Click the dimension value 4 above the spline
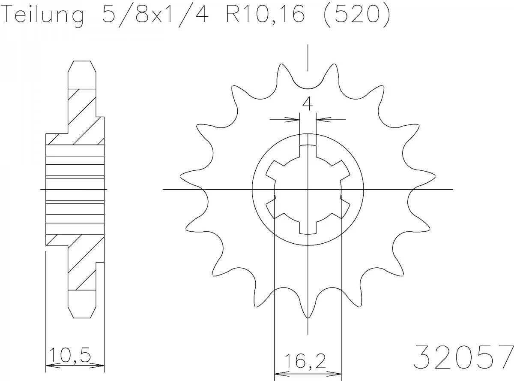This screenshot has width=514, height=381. pos(307,104)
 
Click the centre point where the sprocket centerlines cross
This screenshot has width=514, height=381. pos(308,189)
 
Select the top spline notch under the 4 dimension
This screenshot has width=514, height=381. pos(308,140)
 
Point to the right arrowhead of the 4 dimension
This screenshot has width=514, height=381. pos(322,119)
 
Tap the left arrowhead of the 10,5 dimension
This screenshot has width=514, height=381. pos(50,366)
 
